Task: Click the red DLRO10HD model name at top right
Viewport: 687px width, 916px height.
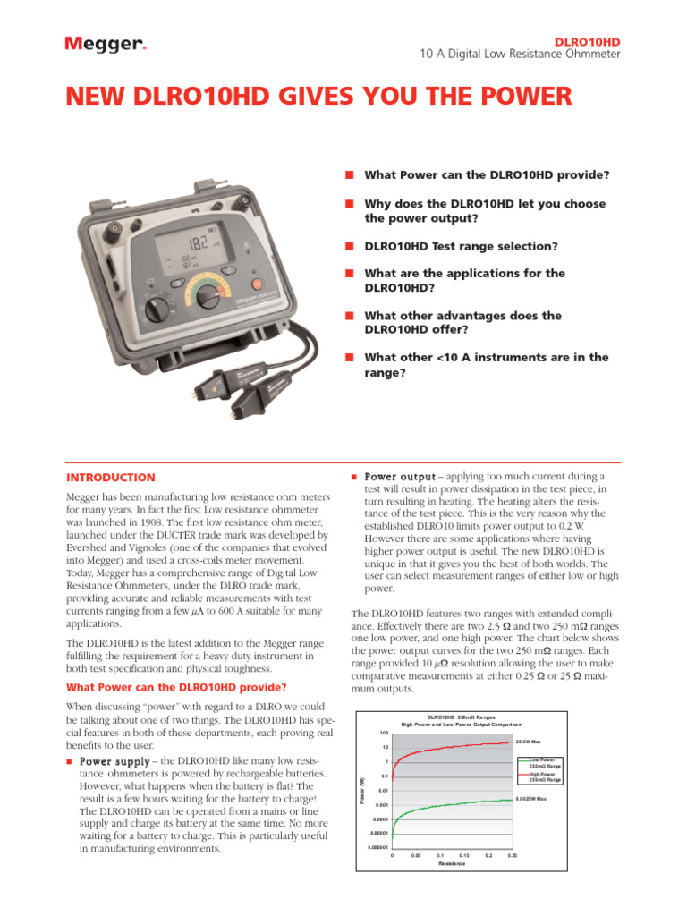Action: click(588, 41)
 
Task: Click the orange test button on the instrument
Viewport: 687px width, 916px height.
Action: click(257, 284)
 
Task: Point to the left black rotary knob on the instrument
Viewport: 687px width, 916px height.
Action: click(157, 310)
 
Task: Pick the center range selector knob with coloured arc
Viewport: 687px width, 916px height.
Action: click(208, 296)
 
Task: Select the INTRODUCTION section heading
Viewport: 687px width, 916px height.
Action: click(112, 478)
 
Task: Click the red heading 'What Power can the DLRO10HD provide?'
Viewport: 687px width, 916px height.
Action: click(177, 687)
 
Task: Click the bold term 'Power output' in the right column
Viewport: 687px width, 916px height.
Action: click(399, 477)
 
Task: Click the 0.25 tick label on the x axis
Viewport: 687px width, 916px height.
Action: click(513, 855)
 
